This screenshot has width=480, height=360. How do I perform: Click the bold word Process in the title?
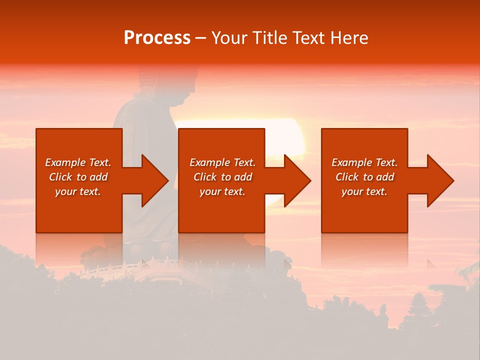coord(157,38)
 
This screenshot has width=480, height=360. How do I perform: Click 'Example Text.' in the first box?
coord(78,162)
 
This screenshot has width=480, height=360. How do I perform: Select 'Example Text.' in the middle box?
coord(222,162)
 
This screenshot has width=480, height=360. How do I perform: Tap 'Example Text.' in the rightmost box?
coord(364,162)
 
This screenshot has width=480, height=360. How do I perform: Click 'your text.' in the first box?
coord(78,191)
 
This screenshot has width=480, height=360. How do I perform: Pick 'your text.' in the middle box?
coord(222,191)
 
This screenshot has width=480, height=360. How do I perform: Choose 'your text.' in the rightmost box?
coord(364,191)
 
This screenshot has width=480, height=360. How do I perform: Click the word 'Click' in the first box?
coord(61,177)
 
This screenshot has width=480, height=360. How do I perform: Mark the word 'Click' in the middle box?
coord(205,177)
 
